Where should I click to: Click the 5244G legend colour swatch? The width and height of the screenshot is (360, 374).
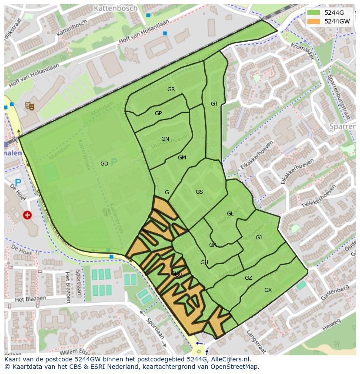coord(313,13)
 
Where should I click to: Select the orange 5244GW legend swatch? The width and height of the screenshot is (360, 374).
coord(313,21)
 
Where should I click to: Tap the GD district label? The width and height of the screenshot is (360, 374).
coord(104,164)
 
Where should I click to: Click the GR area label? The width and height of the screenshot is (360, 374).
coord(171,89)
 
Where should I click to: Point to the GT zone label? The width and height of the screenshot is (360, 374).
coord(214,104)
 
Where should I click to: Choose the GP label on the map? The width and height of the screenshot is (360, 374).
coord(158,113)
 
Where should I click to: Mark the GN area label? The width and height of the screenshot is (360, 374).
coord(165,139)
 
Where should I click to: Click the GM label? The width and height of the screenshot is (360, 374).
coord(182,158)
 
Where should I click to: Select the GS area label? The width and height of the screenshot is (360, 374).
coord(199,192)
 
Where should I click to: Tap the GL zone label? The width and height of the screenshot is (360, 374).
coord(230,214)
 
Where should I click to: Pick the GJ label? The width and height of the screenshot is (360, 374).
coord(259,238)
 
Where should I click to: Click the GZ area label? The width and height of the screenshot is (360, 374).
coord(248,278)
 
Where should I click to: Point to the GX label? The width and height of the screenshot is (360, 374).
coord(268,290)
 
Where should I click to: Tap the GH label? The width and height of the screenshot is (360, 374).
coord(204,262)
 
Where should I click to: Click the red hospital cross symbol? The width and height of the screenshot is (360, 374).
coord(27,215)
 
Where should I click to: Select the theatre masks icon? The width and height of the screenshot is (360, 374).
coord(30,105)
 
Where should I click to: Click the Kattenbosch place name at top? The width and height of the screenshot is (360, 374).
coord(115,8)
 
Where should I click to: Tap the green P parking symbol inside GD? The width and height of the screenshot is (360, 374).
coord(114,162)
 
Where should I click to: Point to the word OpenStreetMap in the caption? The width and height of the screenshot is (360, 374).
coord(235,367)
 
